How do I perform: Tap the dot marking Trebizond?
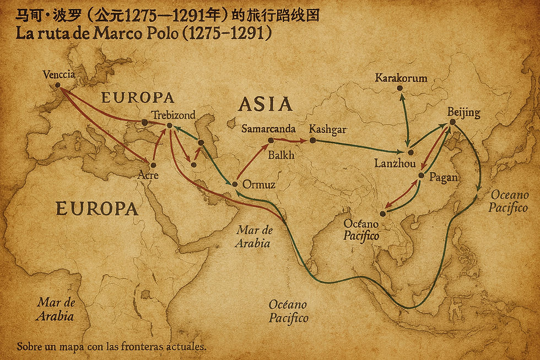coord(170,126)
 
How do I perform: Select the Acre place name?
coord(148,175)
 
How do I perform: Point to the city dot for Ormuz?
coord(235,184)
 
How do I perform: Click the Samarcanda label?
coord(268,129)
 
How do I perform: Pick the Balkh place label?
coord(281,155)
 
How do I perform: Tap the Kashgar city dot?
coord(312,141)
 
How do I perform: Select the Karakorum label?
coord(401,78)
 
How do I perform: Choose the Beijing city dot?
coord(452,122)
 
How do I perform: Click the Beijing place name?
coord(463,113)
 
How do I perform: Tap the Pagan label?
coord(442,178)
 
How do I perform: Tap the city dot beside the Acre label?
coord(153,164)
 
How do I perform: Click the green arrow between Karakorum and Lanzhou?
coord(405,119)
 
